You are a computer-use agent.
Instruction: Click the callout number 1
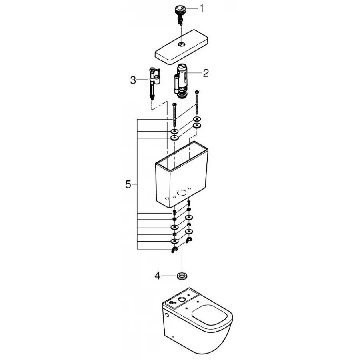[201, 8]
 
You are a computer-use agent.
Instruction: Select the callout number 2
[206, 73]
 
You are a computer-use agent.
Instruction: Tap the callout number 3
[133, 80]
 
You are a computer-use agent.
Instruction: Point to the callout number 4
[157, 276]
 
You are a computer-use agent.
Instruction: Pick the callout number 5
[128, 184]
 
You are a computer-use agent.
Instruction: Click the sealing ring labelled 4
[182, 276]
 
